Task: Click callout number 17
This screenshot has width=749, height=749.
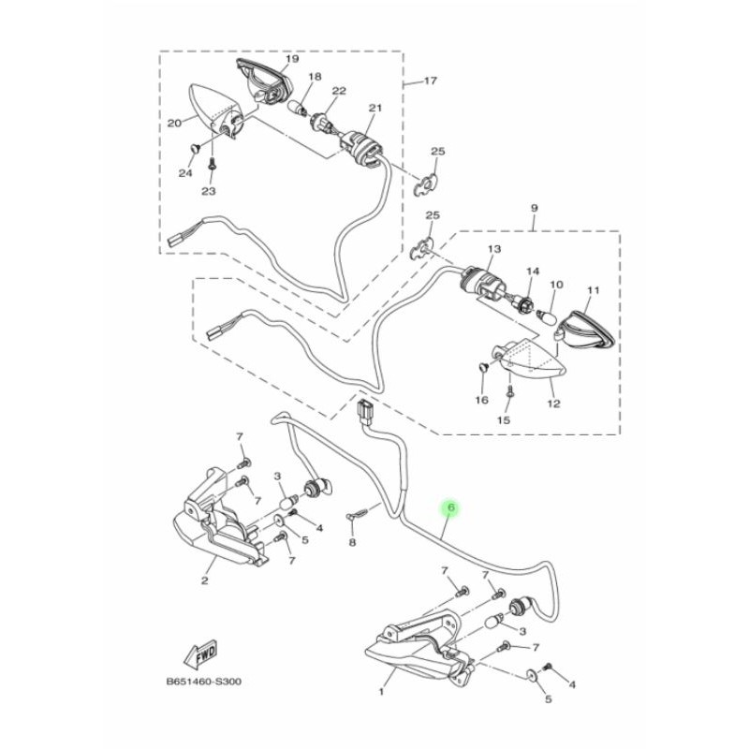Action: coord(430,81)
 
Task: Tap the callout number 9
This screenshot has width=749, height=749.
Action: coord(534,207)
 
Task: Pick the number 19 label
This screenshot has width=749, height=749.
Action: coord(291,58)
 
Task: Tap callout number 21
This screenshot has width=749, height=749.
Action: coord(374,109)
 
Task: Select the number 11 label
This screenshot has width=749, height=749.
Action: coord(591,290)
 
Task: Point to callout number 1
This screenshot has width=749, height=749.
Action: coord(382,693)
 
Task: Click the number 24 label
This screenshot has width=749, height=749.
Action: coord(185,173)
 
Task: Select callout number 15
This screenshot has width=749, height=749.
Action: coord(504,420)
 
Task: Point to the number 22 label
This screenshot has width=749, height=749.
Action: coord(339,91)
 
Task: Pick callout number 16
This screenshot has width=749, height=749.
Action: coord(482,400)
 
